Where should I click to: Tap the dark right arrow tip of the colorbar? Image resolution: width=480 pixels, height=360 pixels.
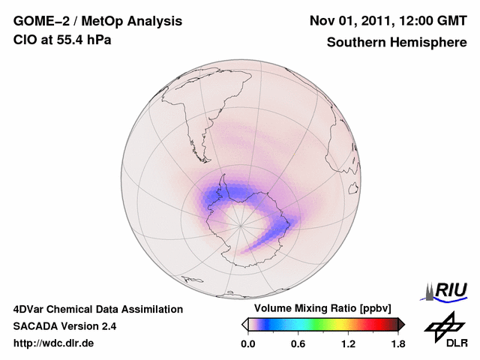coord(401,324)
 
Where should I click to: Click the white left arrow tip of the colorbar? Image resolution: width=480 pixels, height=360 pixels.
coord(244,324)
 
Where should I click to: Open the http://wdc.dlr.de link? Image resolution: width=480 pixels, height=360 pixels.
coord(54,343)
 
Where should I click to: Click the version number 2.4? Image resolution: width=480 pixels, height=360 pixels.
coord(109,326)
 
